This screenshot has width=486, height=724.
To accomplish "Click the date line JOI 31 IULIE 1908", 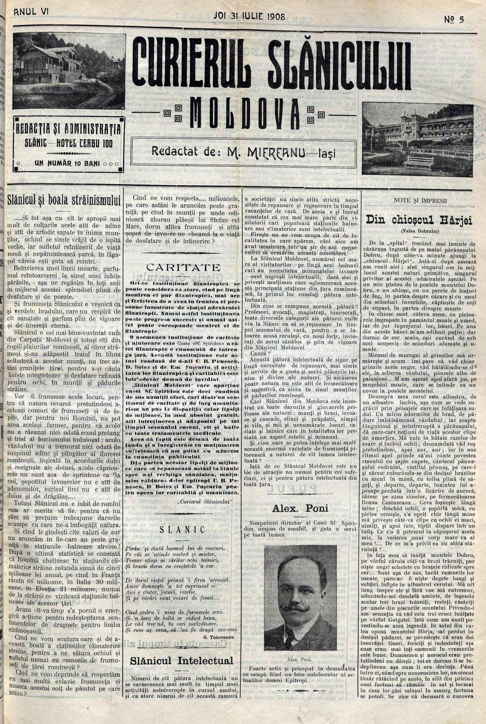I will click(249, 16).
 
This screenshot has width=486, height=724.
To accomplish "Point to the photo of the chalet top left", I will click(69, 70).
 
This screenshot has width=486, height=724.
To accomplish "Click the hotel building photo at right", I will click(418, 138).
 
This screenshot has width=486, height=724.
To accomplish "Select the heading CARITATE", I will click(183, 267).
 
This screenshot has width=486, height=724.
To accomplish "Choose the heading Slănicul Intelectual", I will click(181, 661).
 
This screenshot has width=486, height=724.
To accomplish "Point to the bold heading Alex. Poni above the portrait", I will click(300, 508).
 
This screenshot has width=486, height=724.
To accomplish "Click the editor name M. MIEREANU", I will click(268, 152).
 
